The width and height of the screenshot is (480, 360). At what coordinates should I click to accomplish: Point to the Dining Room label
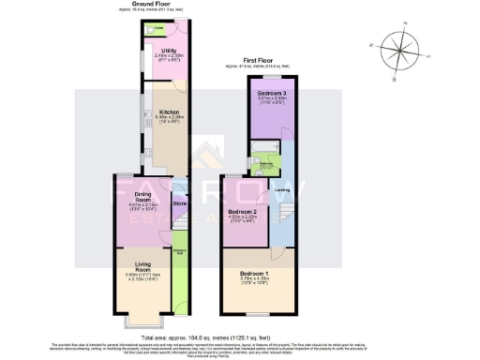tap(142, 198)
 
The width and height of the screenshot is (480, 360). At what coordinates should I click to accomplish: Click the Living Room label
tap(142, 266)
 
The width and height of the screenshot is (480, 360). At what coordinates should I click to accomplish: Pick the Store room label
tap(180, 202)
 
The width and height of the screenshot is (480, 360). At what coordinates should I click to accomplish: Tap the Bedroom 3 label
tap(273, 96)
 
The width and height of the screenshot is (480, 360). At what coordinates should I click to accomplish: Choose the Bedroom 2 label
tap(244, 214)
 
